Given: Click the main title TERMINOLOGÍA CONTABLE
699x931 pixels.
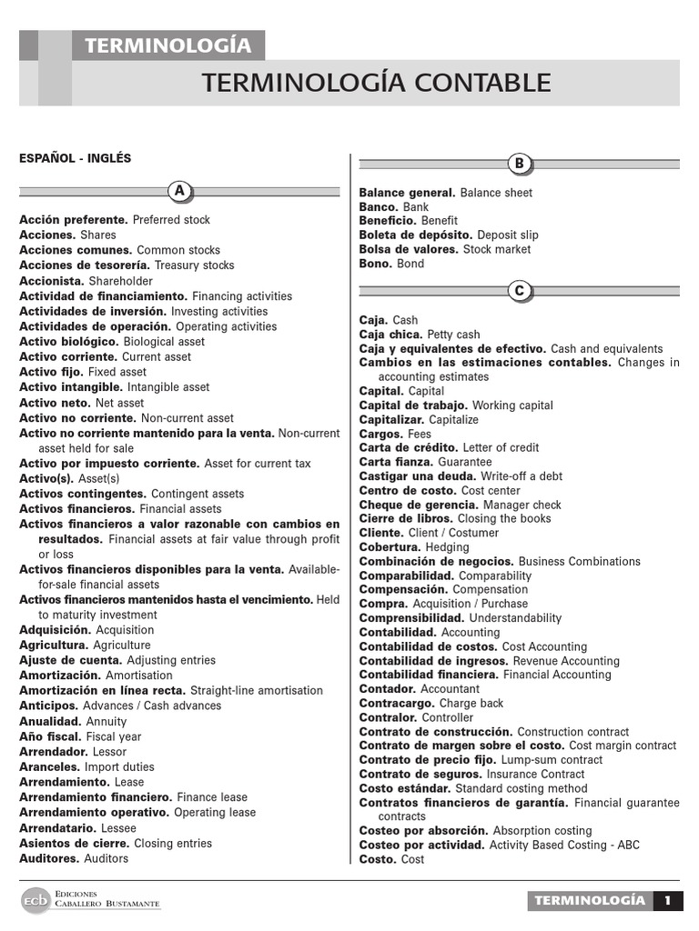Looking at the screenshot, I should tap(377, 83).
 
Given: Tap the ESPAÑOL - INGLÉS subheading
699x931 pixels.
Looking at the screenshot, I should tap(76, 158).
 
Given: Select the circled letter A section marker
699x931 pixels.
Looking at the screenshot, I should tap(180, 191).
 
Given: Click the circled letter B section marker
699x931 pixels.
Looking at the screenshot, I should tap(520, 164).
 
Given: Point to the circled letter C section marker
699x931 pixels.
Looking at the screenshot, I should tap(520, 291).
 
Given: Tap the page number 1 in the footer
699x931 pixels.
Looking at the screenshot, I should tap(668, 901).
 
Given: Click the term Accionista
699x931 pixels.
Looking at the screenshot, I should tap(52, 281).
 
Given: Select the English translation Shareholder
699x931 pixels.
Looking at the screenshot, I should tap(121, 281).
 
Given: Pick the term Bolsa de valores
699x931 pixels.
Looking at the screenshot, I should tap(409, 249).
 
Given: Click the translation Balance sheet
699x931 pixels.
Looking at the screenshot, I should tap(496, 193).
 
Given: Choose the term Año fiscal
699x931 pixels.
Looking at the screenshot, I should tap(50, 736).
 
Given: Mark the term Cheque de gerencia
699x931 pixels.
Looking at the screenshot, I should tap(419, 505).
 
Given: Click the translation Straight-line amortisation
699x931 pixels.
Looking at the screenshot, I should tap(256, 691).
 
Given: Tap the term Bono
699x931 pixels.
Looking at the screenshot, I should tap(376, 264).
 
